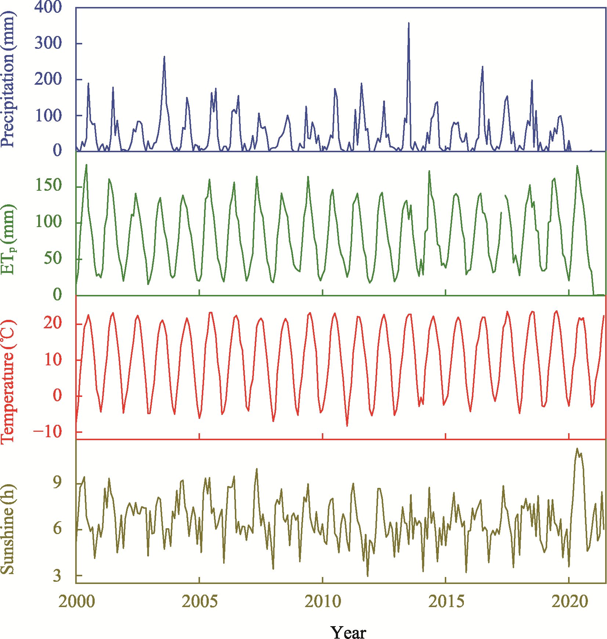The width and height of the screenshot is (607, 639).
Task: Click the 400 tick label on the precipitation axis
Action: pos(48,7)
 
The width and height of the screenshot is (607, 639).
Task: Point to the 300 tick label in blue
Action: pos(48,43)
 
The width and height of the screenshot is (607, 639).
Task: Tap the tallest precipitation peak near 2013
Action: pos(408,23)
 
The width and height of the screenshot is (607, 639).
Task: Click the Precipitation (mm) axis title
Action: pos(8,79)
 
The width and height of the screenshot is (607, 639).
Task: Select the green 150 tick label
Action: pos(48,186)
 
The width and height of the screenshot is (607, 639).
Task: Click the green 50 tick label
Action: pos(53,258)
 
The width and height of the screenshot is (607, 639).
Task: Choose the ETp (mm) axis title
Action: pos(8,240)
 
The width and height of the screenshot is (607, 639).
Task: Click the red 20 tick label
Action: pos(53,323)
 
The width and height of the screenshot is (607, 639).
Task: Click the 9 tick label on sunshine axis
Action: pos(57,482)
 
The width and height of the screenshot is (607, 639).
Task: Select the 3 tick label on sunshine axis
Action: pos(57,576)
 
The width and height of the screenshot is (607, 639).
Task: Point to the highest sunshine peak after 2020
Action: pos(577,449)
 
